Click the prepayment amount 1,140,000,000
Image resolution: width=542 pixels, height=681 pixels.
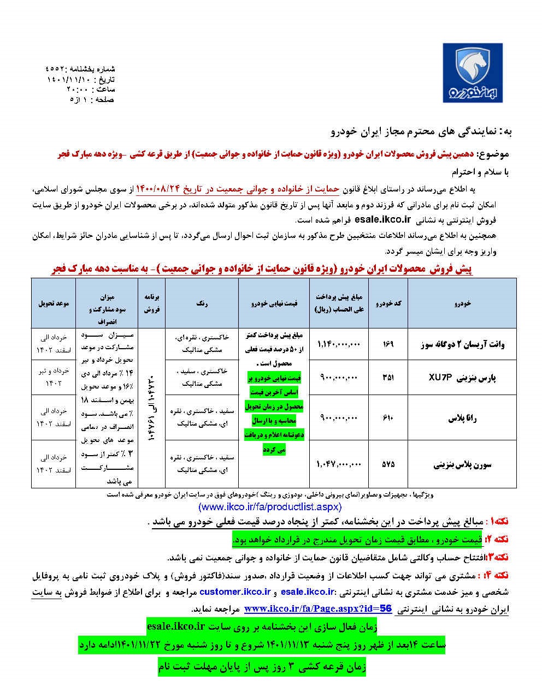[338, 344]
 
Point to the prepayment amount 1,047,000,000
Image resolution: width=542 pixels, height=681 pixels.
[338, 464]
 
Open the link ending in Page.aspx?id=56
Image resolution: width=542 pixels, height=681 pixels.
[318, 608]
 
